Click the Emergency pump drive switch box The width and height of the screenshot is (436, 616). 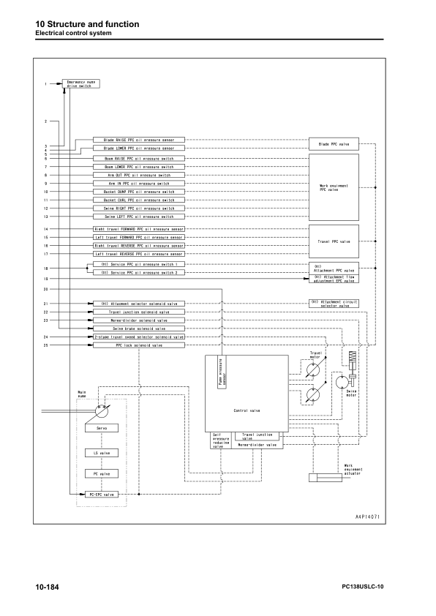(80, 83)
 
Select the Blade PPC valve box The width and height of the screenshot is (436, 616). (334, 143)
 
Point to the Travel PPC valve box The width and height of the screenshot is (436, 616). (334, 241)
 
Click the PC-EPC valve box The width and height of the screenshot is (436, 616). (97, 495)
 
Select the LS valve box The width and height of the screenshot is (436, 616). (97, 453)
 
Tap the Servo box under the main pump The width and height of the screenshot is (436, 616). (97, 427)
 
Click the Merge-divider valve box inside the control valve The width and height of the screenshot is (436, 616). (256, 444)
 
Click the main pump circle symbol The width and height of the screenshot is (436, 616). (97, 406)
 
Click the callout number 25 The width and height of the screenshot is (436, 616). (45, 345)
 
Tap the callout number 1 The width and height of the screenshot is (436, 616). (45, 83)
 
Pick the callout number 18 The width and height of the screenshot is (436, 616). (45, 268)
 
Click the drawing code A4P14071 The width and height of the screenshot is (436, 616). (369, 517)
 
